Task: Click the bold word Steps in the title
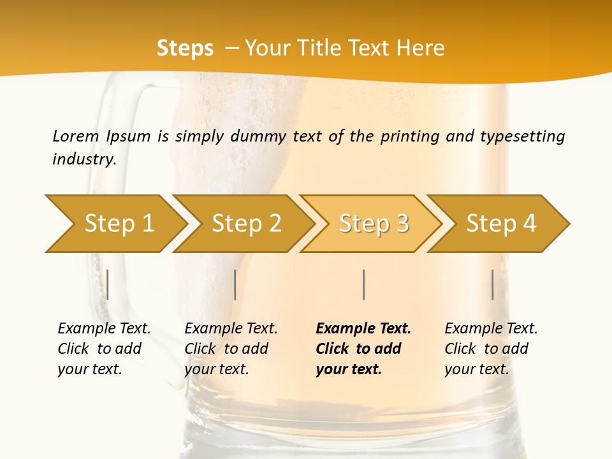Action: [x=185, y=48]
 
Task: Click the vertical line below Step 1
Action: [x=108, y=284]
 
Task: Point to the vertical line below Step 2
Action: [x=235, y=284]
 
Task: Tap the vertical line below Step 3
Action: [x=364, y=284]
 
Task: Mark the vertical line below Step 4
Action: [x=493, y=284]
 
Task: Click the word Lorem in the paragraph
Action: [x=76, y=136]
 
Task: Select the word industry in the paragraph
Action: [x=84, y=159]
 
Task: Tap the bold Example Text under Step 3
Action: [x=363, y=328]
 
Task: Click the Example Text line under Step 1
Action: [x=104, y=328]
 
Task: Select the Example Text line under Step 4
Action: [x=491, y=328]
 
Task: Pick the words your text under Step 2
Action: [x=216, y=369]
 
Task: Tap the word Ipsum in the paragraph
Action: [x=129, y=136]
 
